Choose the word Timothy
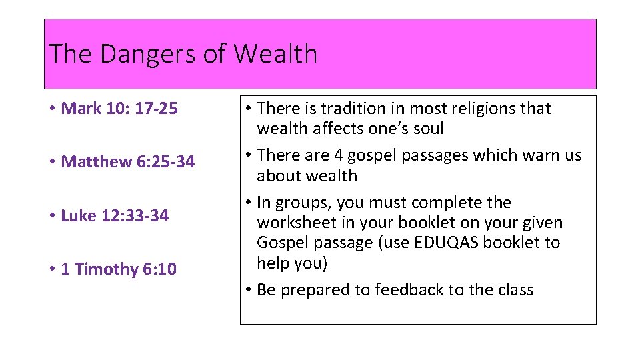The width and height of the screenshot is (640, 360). click(107, 269)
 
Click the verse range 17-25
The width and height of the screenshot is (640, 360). click(157, 108)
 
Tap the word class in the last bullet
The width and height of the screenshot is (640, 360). click(513, 290)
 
